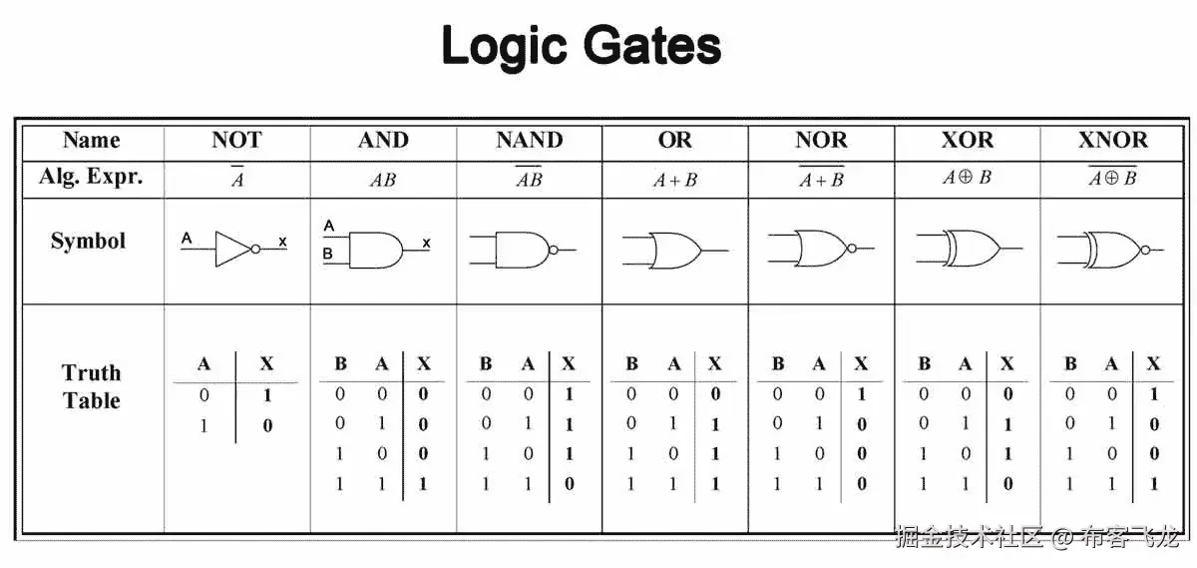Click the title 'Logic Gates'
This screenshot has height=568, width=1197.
coord(581,45)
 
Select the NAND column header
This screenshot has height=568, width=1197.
coord(530,140)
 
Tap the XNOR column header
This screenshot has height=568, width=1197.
coord(1113,140)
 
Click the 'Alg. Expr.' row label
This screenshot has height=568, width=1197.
coord(91,177)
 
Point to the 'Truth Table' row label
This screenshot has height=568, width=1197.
coord(91,386)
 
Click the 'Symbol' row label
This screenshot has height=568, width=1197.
coord(89,241)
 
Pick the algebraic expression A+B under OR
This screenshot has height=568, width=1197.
coord(675,181)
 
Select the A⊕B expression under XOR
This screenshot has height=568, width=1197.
coord(967,178)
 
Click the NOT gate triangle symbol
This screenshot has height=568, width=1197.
coord(233,249)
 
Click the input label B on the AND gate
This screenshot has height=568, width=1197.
coord(328,255)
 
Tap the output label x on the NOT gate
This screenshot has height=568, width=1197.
coord(282,241)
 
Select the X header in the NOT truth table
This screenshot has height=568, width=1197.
coord(266,364)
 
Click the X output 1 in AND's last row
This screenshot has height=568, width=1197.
coord(423,484)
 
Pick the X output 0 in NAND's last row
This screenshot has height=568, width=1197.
coord(569,484)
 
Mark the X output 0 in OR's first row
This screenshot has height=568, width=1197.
coord(714,394)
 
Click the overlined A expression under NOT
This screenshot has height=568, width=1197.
coord(237,179)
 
